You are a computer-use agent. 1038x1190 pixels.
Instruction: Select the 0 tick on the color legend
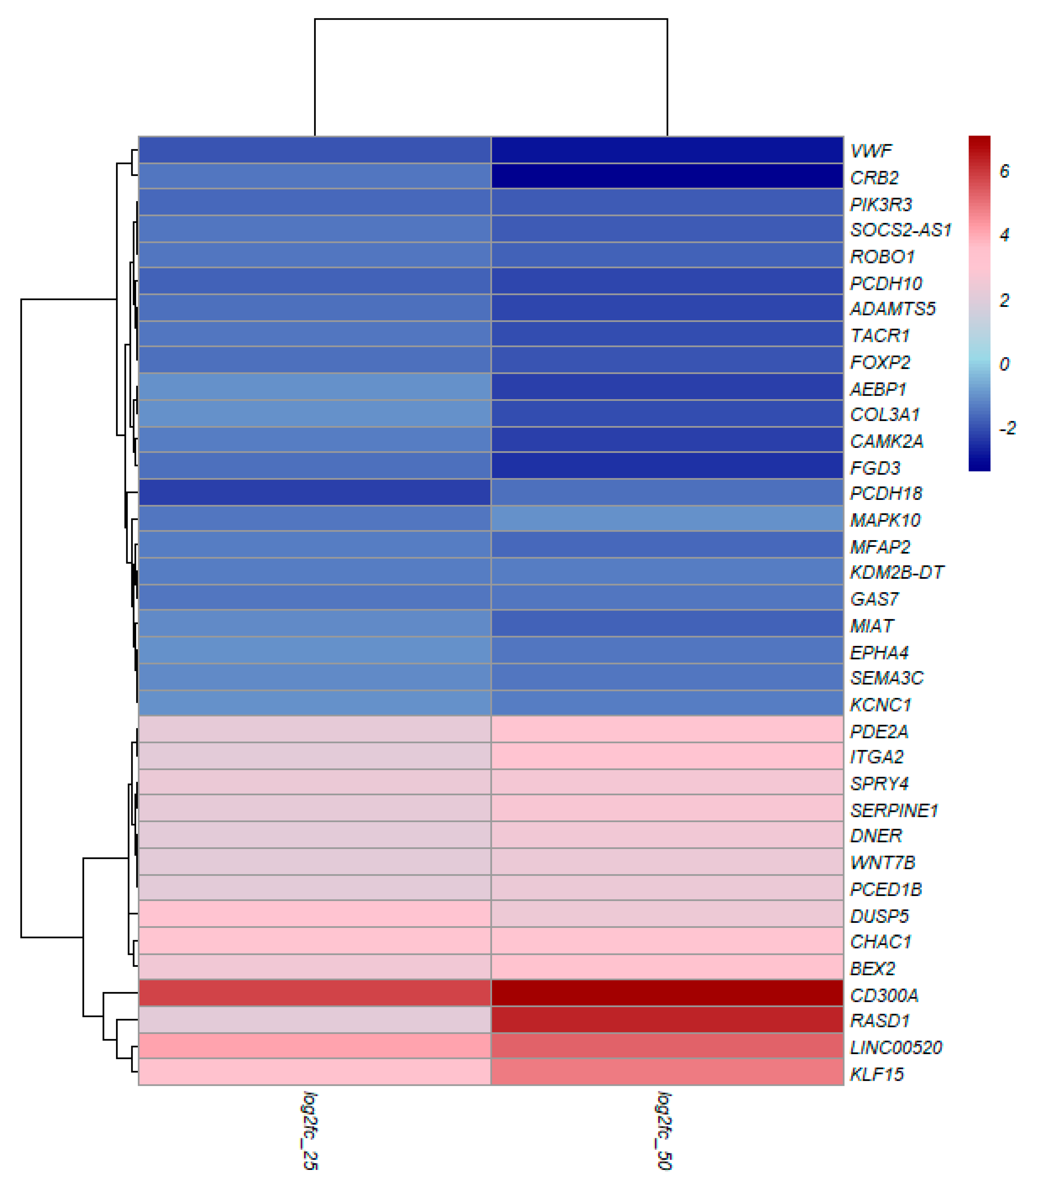pyautogui.click(x=1004, y=364)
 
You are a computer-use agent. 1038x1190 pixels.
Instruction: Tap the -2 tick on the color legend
pyautogui.click(x=1007, y=428)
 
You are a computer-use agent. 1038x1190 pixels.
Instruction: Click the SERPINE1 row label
pyautogui.click(x=893, y=810)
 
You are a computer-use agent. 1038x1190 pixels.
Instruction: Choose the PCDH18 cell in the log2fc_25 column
pyautogui.click(x=314, y=492)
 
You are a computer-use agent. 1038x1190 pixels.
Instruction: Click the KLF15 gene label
pyautogui.click(x=876, y=1074)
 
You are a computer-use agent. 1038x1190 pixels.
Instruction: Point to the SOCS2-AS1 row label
pyautogui.click(x=900, y=230)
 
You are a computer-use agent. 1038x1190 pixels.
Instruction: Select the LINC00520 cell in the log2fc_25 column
pyautogui.click(x=314, y=1045)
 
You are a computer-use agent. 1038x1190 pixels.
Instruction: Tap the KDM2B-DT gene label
pyautogui.click(x=896, y=572)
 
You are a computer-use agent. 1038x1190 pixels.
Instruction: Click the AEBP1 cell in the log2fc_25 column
pyautogui.click(x=314, y=387)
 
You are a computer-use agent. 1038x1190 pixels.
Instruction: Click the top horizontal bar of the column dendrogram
pyautogui.click(x=491, y=19)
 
